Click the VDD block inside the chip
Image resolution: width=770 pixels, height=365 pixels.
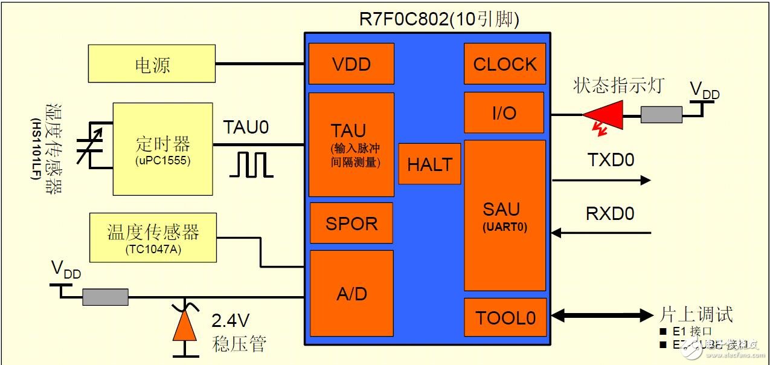pyautogui.click(x=351, y=63)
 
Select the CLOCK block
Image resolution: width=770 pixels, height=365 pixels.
pyautogui.click(x=505, y=63)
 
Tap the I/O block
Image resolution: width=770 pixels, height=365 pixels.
pyautogui.click(x=505, y=112)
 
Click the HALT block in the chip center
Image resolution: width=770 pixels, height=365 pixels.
pyautogui.click(x=429, y=164)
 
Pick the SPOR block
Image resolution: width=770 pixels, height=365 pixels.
pyautogui.click(x=351, y=223)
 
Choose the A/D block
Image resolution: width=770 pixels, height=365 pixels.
pyautogui.click(x=351, y=293)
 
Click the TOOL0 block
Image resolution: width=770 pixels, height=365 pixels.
pyautogui.click(x=505, y=317)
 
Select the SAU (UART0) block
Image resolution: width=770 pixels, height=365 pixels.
pyautogui.click(x=505, y=215)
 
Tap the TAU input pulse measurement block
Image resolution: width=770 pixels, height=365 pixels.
pyautogui.click(x=351, y=144)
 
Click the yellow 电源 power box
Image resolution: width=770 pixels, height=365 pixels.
pyautogui.click(x=152, y=63)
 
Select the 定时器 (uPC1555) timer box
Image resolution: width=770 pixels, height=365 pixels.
pyautogui.click(x=163, y=149)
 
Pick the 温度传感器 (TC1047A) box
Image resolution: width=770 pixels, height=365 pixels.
pyautogui.click(x=153, y=237)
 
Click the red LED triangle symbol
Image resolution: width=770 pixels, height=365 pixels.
pyautogui.click(x=603, y=114)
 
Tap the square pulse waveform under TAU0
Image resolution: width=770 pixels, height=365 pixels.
pyautogui.click(x=251, y=164)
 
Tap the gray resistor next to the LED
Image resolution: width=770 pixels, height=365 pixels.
pyautogui.click(x=661, y=115)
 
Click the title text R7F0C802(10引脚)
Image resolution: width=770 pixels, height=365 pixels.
pyautogui.click(x=438, y=20)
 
